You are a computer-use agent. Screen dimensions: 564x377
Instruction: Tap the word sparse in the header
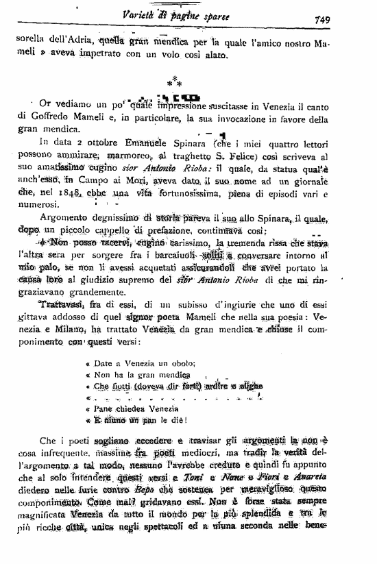(214, 16)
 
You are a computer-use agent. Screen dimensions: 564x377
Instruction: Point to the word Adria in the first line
(80, 43)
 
